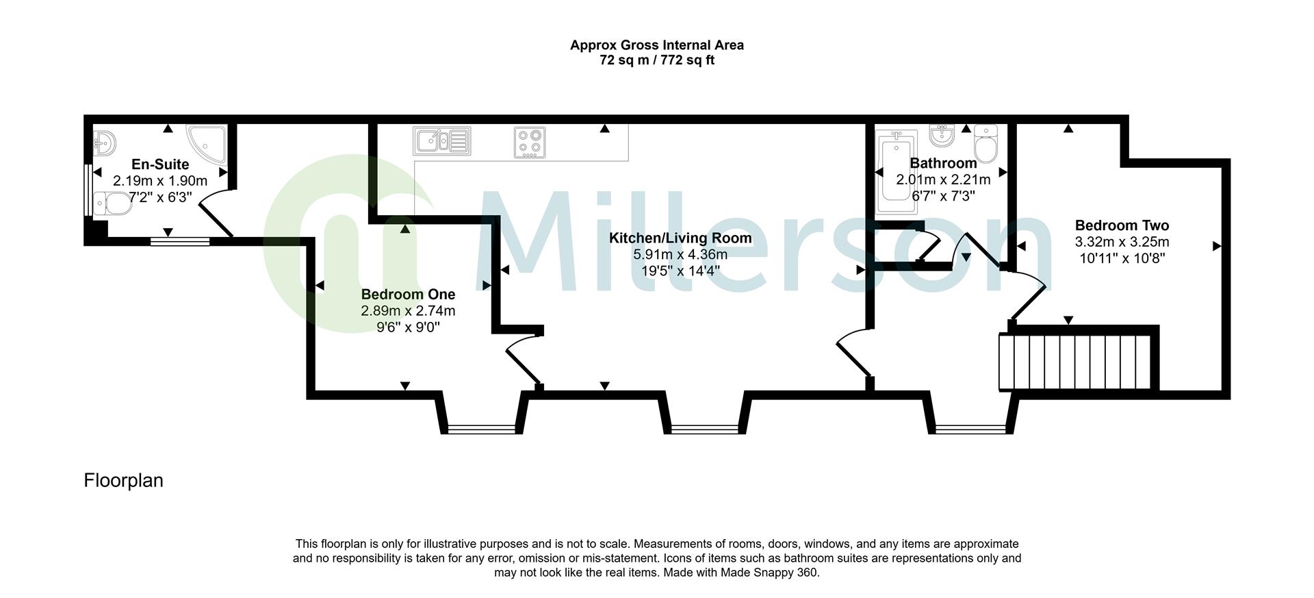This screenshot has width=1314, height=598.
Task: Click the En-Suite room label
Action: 160,164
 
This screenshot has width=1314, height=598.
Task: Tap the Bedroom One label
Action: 408,294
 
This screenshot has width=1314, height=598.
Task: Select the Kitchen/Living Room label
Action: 680,238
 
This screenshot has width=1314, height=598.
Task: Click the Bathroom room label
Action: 943,163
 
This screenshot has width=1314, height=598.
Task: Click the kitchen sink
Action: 441,141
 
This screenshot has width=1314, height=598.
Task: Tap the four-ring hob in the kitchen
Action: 530,142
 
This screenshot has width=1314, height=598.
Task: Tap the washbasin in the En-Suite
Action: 105,143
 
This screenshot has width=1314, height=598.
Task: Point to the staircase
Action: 1077,362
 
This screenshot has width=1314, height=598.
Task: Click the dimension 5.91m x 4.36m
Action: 680,254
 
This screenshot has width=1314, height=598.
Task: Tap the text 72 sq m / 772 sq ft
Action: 657,60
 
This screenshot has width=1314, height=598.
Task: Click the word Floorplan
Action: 124,480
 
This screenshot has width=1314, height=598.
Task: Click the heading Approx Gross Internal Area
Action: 657,45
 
